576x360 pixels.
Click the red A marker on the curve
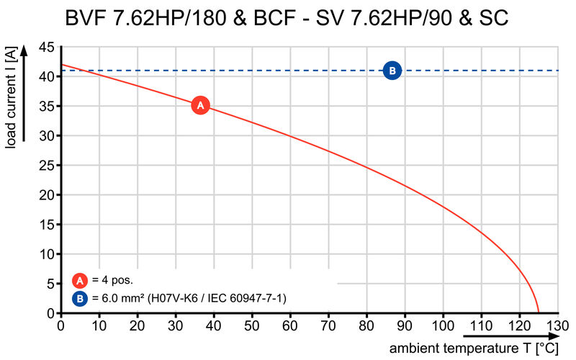click(201, 106)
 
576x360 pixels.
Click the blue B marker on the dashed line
click(392, 71)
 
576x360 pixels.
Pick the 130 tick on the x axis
click(557, 325)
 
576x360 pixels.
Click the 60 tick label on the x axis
click(290, 325)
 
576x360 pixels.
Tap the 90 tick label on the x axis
click(405, 325)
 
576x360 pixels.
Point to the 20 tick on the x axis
click(138, 325)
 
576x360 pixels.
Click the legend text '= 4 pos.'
click(112, 281)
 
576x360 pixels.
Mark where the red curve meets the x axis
click(538, 313)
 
